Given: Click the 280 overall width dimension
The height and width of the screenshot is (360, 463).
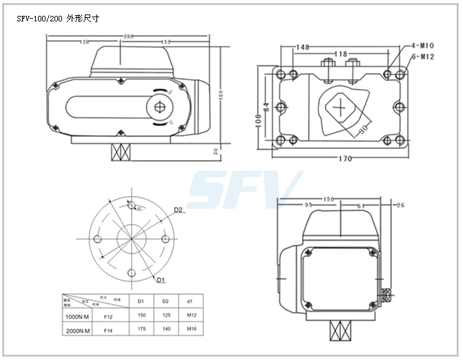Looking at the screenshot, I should click(x=129, y=36).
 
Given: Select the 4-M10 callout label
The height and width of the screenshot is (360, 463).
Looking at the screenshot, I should click(x=422, y=46).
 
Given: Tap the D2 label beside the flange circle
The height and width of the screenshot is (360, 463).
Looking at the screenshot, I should click(x=178, y=210).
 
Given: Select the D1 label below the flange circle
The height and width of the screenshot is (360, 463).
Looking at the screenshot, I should click(x=160, y=279).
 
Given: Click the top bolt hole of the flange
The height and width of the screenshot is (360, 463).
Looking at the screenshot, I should click(x=130, y=205).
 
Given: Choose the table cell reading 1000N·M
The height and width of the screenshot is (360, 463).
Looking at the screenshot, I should click(x=76, y=317).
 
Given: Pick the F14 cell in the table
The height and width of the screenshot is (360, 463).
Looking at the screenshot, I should click(x=108, y=331).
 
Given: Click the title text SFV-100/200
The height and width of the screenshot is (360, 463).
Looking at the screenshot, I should click(x=41, y=19).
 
